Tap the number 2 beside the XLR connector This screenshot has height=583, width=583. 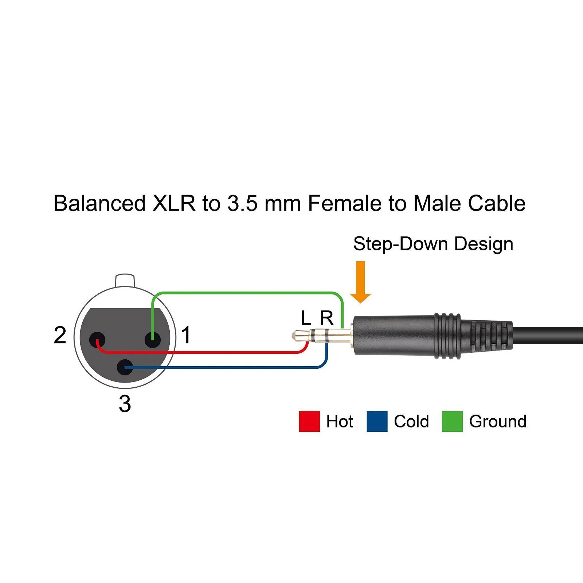60,335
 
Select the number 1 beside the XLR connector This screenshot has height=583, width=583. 186,335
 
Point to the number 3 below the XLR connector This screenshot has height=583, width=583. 125,404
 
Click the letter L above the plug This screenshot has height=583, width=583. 306,318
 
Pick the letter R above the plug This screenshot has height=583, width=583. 326,318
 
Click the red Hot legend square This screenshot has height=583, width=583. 309,421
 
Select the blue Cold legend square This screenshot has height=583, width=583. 377,421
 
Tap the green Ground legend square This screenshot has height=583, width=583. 452,421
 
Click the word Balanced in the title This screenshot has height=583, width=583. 99,203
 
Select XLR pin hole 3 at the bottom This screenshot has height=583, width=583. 125,367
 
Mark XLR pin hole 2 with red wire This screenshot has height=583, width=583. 97,340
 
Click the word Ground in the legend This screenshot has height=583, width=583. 498,421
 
